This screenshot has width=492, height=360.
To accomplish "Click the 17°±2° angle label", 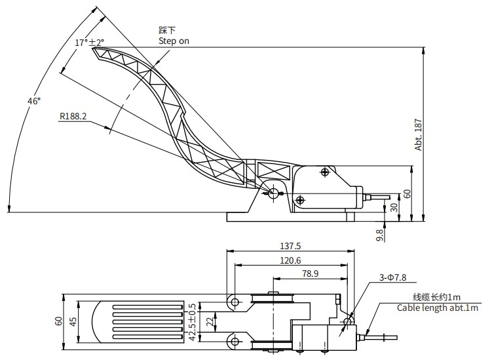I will point(89,43).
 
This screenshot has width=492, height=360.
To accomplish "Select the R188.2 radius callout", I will point(73,116).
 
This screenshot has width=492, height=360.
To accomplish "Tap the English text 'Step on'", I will point(174,41).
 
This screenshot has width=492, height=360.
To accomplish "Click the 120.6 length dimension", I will point(290,260).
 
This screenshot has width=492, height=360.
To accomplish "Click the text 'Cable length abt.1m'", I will point(437,308).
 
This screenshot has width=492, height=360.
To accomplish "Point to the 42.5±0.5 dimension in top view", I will point(193,321).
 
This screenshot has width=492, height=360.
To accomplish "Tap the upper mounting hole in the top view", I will point(234,301).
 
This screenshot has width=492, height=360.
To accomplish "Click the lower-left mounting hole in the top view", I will point(234,341).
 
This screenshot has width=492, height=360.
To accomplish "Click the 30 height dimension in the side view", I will point(394,207).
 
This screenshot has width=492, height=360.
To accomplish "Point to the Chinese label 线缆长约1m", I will point(436,297).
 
